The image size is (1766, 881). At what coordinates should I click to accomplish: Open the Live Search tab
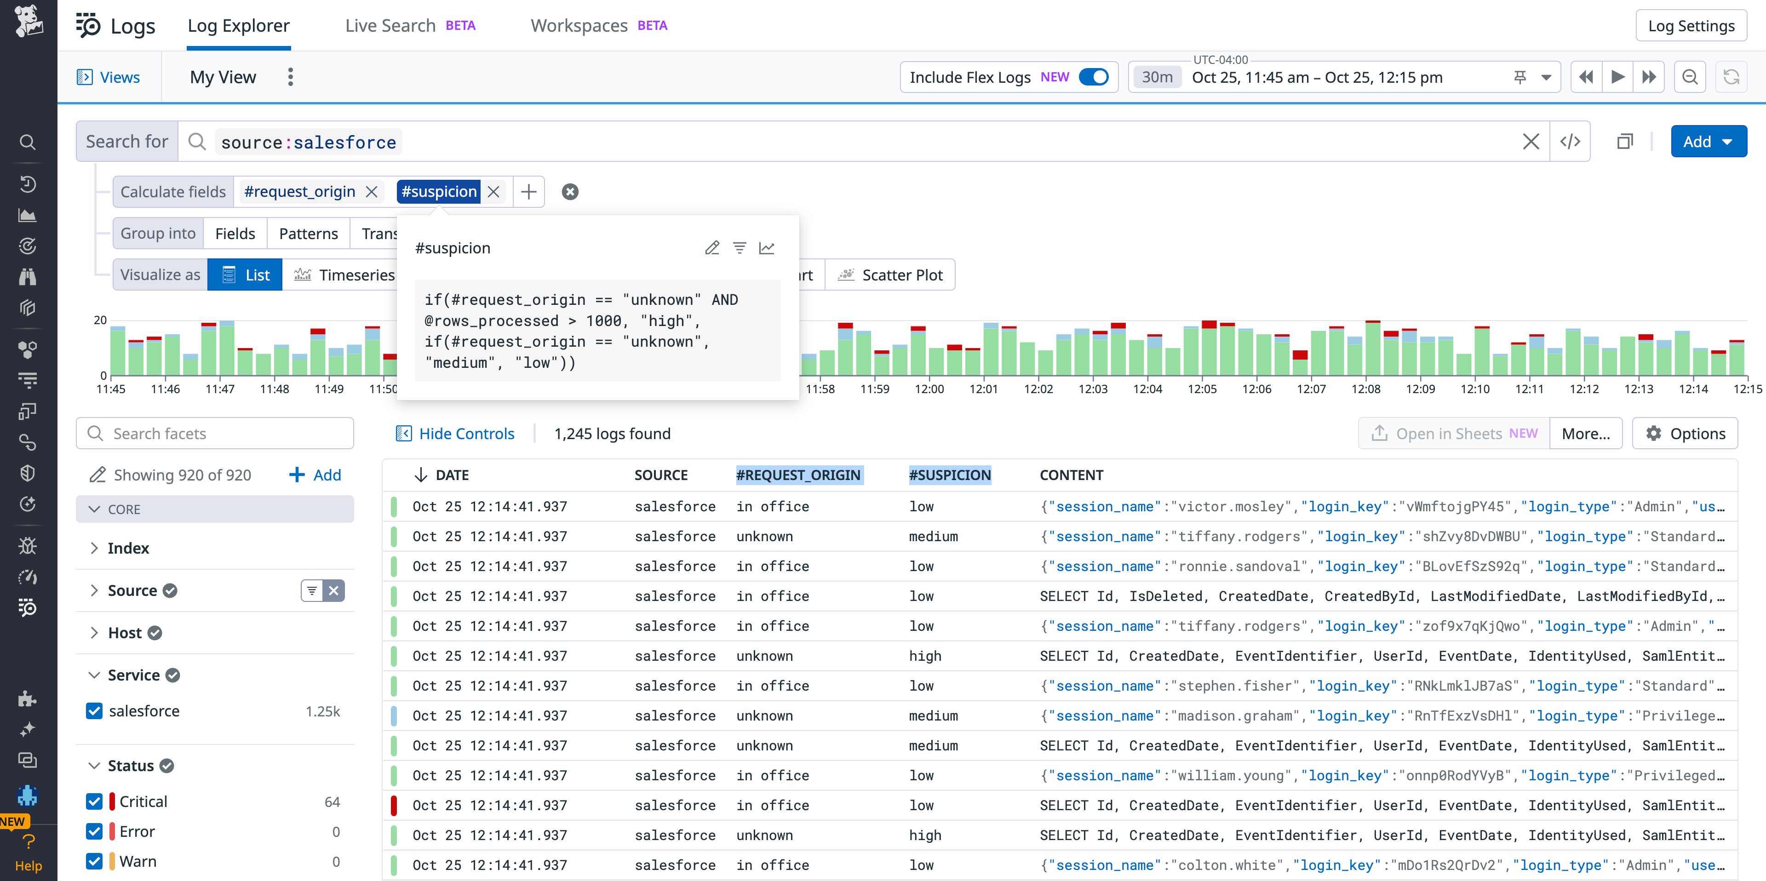pos(390,26)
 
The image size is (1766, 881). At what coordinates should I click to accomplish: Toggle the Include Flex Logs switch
pos(1094,77)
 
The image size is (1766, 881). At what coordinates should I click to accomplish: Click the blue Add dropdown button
pos(1708,142)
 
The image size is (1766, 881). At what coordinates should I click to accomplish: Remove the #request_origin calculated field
pos(372,192)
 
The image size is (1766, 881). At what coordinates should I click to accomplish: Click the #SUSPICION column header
pos(950,475)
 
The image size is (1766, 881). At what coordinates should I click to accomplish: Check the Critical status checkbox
pos(95,801)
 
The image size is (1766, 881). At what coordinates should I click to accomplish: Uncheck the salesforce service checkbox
pos(95,711)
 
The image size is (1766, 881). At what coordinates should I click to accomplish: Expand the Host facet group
pos(95,633)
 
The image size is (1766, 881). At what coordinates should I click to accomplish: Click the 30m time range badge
pos(1157,77)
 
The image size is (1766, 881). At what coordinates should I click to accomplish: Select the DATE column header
pos(451,475)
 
